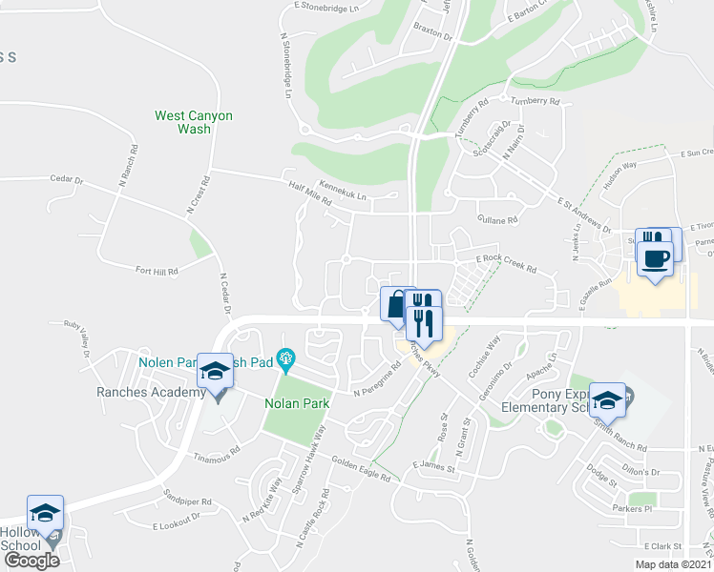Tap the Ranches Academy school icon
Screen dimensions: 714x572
(216, 372)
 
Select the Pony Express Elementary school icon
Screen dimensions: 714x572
(606, 400)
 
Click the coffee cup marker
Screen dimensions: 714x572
(655, 259)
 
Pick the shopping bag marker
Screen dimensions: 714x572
(396, 305)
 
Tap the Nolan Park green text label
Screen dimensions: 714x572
(297, 403)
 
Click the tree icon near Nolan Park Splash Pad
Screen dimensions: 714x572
(283, 359)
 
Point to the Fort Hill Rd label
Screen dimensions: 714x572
(157, 272)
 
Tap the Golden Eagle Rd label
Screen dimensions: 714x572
(361, 470)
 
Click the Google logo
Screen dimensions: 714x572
(31, 561)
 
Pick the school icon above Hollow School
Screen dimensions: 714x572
(45, 513)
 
